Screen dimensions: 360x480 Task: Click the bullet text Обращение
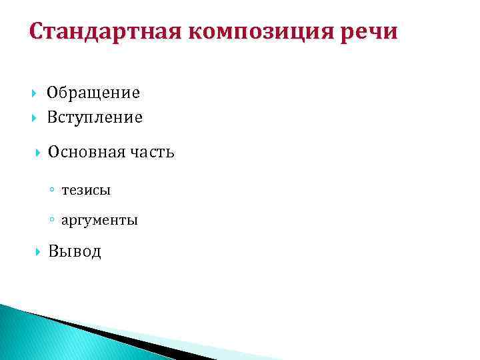click(93, 93)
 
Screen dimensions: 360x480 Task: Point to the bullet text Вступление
click(95, 118)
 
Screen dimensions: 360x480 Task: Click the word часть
click(152, 152)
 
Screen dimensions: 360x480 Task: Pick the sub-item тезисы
click(86, 191)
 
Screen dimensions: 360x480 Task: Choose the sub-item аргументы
click(99, 221)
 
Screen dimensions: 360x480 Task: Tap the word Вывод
click(75, 251)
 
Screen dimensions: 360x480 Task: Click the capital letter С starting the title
click(37, 32)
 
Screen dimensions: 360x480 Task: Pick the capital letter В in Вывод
click(54, 251)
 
